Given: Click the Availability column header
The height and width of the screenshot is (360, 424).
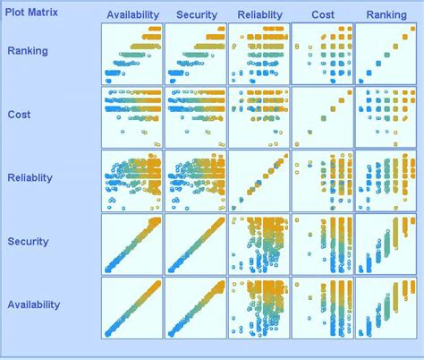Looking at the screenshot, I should coord(132,14).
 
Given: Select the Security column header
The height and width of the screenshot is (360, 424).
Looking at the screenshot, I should coord(197,14).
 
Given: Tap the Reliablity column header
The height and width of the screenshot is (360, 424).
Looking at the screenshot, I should coord(259,14).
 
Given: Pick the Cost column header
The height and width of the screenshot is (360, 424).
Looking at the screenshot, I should coord(323,14).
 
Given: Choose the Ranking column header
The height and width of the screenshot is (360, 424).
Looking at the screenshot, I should coord(386,14).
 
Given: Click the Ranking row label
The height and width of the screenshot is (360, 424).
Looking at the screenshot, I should coord(28,51).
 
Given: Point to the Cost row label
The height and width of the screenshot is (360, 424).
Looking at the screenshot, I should coord(19,115).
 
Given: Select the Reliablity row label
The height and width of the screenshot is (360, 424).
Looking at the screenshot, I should coord(30,177).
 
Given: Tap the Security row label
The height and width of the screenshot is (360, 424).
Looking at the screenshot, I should coord(27,241).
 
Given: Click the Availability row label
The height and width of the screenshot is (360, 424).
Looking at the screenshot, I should coord(33,304).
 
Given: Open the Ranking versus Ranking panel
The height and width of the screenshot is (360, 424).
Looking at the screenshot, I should coord(386,54).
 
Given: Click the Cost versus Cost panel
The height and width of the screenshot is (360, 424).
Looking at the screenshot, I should coord(323,117).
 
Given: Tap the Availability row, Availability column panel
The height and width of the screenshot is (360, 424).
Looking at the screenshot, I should coord(132,307).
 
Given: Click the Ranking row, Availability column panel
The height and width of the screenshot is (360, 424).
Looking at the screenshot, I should coord(132,54).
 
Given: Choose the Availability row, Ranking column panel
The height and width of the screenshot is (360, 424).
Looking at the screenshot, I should coord(386,307).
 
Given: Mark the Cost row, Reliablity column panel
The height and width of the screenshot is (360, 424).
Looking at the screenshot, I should coord(259,117).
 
